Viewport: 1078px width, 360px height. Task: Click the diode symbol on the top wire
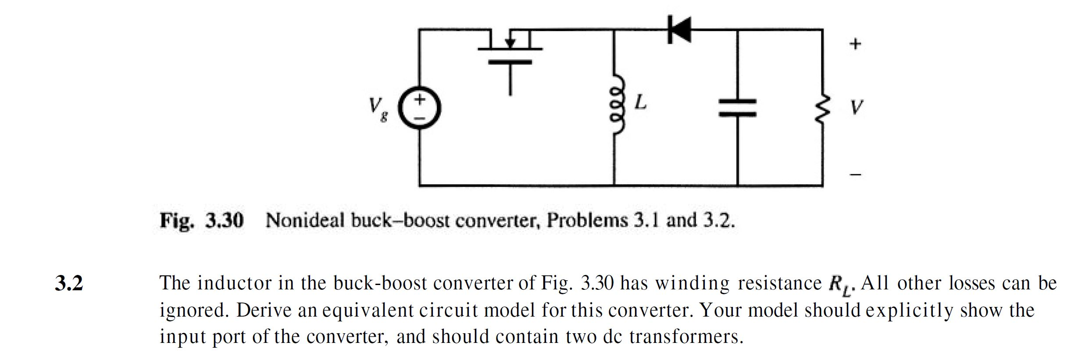tap(679, 29)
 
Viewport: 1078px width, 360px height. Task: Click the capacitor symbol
tap(737, 107)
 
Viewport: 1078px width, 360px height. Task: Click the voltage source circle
tap(419, 108)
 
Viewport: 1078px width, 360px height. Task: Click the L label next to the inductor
tap(641, 103)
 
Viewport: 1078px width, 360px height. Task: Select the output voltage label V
tap(856, 107)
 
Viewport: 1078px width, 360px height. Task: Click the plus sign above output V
tap(855, 44)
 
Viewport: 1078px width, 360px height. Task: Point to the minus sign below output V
tap(856, 175)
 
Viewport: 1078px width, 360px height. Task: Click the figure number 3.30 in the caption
tap(224, 220)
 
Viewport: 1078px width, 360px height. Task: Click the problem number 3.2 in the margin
tap(69, 283)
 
